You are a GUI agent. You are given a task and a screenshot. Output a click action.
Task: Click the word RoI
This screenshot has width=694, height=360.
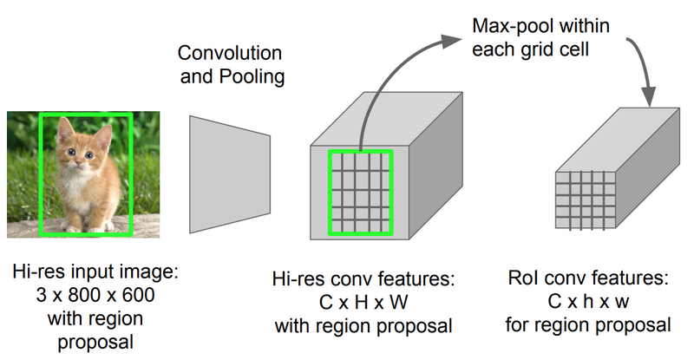click(529, 280)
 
